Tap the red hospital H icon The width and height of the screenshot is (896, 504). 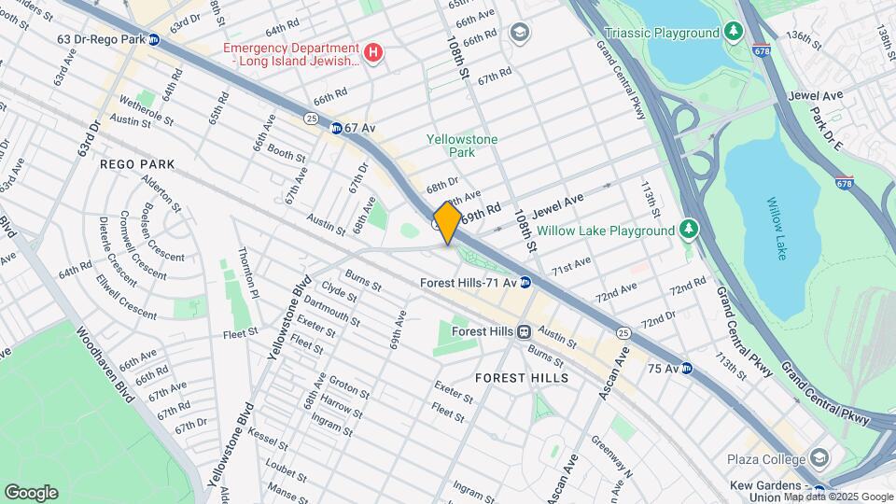373,53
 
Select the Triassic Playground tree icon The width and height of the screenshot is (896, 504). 735,33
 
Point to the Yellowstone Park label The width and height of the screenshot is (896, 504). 462,146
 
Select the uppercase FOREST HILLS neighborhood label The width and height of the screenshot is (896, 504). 521,378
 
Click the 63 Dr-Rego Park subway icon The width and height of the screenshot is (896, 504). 154,39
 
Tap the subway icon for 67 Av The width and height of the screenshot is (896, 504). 334,128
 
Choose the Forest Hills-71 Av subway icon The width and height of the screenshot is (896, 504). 525,282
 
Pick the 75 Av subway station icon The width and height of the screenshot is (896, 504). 686,368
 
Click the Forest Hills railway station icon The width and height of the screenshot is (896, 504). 525,331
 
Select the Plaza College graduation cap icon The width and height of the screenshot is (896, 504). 819,459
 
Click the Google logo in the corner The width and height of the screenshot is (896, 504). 31,492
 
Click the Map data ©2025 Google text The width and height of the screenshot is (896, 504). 838,497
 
